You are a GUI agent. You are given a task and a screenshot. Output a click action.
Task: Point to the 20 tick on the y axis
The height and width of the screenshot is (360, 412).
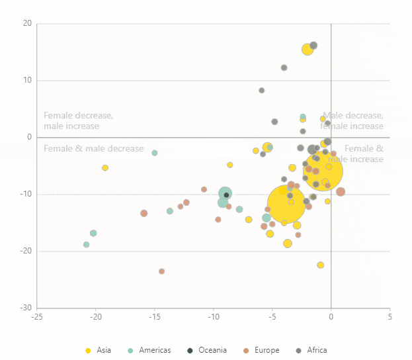point(27,24)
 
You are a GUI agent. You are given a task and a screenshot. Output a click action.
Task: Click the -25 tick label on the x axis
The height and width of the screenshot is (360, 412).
point(36,316)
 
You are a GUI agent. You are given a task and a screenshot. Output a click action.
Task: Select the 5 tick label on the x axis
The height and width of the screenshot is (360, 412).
point(390,316)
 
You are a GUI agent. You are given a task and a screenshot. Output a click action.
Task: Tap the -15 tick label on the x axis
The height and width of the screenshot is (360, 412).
point(154,316)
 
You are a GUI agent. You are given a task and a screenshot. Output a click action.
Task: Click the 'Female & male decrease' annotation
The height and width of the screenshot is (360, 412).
point(93,148)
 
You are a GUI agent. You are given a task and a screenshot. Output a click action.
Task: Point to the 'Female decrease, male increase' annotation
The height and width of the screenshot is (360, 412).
point(78,120)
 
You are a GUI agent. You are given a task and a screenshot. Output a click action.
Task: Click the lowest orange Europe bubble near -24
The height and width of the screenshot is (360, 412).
point(161,271)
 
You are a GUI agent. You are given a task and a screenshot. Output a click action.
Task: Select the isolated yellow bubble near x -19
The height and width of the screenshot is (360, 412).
point(105,168)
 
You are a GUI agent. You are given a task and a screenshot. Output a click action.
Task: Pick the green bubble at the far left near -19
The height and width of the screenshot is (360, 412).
point(86,245)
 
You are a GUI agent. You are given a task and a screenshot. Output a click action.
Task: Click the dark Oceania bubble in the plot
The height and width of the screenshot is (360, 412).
point(226,195)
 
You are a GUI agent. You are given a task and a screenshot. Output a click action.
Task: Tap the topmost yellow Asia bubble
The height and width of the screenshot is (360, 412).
point(308,50)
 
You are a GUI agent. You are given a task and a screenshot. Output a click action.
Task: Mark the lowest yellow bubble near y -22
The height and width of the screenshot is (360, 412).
point(321,265)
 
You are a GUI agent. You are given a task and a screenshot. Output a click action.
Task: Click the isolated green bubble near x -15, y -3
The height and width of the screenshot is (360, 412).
point(155,153)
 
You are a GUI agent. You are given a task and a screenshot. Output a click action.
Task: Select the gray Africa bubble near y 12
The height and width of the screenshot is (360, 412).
point(284,67)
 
